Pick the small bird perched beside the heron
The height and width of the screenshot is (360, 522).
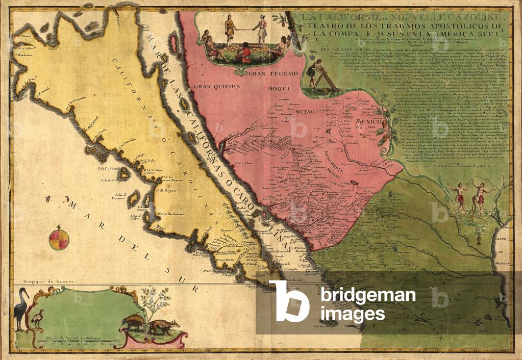(37, 319)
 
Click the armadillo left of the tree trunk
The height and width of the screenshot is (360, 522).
(133, 322)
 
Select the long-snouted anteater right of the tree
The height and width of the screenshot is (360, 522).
(164, 326)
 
